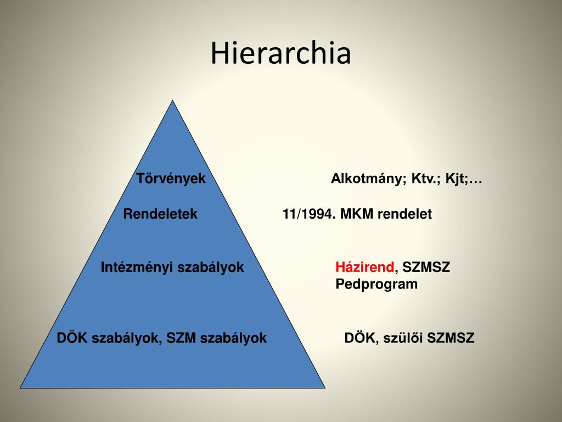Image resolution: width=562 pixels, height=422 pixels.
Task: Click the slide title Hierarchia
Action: pyautogui.click(x=280, y=53)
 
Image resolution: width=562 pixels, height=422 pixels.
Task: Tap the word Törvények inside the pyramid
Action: pyautogui.click(x=171, y=179)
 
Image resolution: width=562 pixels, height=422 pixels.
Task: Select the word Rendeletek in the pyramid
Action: pyautogui.click(x=160, y=214)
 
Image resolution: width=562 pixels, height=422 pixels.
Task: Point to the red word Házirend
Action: pyautogui.click(x=365, y=267)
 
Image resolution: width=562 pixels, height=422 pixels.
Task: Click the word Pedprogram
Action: pyautogui.click(x=376, y=284)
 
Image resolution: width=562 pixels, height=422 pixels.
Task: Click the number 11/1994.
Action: pyautogui.click(x=310, y=214)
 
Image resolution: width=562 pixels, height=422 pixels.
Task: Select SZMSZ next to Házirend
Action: pyautogui.click(x=426, y=267)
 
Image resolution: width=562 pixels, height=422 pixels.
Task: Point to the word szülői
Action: pyautogui.click(x=403, y=338)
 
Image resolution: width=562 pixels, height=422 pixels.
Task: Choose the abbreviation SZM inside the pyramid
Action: pyautogui.click(x=181, y=338)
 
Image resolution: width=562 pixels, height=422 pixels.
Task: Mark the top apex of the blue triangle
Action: pyautogui.click(x=173, y=101)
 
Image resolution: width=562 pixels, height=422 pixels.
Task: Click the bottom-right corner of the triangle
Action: pyautogui.click(x=325, y=388)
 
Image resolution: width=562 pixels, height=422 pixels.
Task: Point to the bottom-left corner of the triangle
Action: pyautogui.click(x=20, y=388)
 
